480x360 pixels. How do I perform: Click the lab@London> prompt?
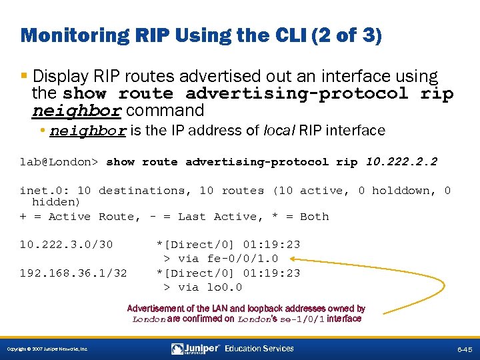click(59, 161)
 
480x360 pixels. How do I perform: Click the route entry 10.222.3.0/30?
click(66, 245)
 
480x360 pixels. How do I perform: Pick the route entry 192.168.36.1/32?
click(73, 273)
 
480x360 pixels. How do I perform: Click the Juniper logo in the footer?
click(195, 348)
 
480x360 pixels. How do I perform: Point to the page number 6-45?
click(465, 349)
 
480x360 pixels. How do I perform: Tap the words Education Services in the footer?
click(259, 348)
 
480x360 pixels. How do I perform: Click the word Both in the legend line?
click(315, 217)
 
